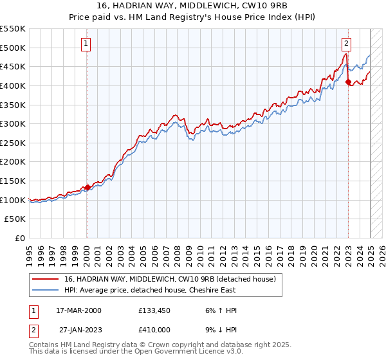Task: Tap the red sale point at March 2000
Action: click(87, 188)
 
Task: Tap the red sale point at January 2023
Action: click(348, 82)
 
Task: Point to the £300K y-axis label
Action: click(13, 123)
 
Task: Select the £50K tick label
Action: click(15, 219)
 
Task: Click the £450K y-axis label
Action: click(13, 66)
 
